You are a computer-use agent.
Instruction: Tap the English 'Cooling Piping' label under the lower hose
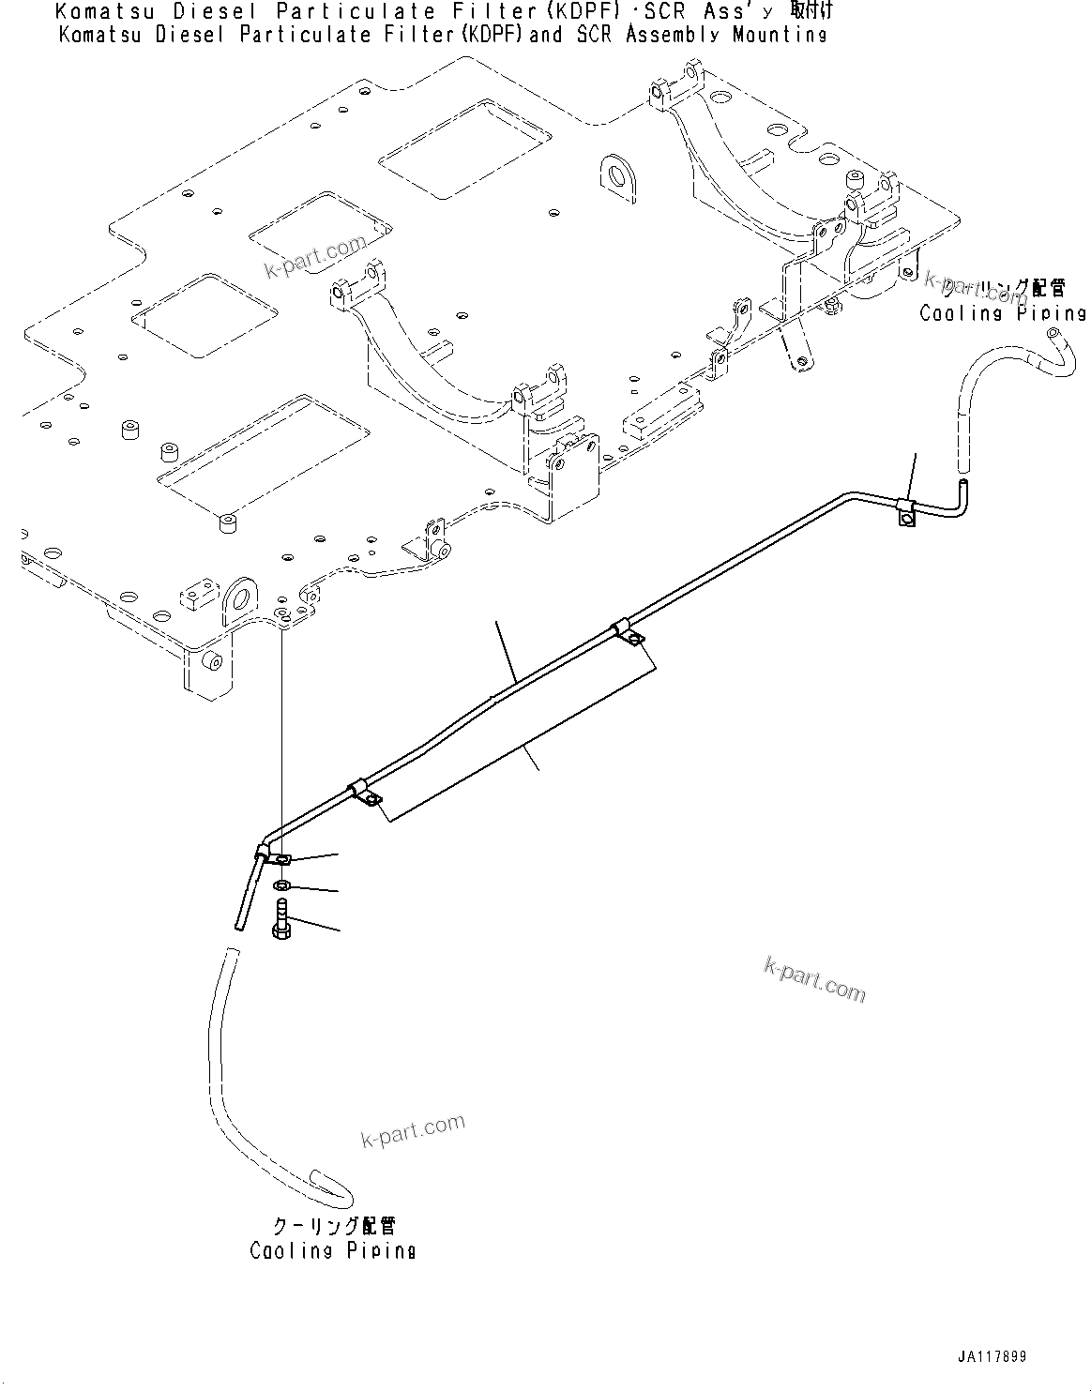332,1250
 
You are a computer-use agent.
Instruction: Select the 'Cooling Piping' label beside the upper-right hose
1002,313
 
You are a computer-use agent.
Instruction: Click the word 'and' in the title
546,35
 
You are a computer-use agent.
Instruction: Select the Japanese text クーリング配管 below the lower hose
333,1227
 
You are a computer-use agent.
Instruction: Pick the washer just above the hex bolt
282,886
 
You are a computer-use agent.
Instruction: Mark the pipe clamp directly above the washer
278,856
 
